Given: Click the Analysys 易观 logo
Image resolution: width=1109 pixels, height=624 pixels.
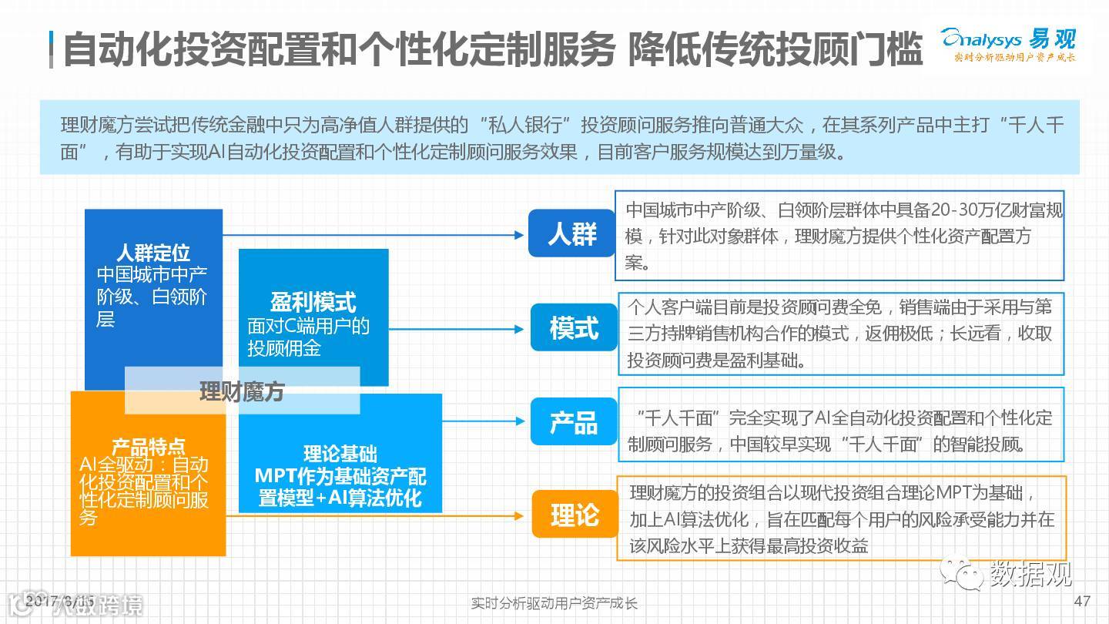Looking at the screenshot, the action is [x=1008, y=42].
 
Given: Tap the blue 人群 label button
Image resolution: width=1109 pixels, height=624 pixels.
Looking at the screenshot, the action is [x=571, y=233].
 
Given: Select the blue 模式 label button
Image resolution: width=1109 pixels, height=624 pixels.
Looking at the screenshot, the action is [x=574, y=327].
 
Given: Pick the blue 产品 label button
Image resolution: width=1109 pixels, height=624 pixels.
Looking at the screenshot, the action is [x=574, y=421].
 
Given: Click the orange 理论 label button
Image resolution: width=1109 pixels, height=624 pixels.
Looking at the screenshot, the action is [x=575, y=515].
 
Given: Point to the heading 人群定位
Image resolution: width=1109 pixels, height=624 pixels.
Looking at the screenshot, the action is [x=152, y=253].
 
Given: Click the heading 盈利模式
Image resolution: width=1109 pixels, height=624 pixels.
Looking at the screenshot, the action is [x=313, y=301].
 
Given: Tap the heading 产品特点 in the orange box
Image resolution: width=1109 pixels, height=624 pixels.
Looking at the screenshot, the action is [x=148, y=446].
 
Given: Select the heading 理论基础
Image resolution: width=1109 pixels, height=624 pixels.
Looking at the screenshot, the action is [x=340, y=454].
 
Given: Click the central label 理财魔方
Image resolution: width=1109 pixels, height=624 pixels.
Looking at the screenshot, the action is [x=242, y=391].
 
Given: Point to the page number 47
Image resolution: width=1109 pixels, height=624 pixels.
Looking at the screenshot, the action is [x=1081, y=601].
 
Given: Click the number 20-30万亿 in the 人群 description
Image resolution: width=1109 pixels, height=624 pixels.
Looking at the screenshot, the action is [x=972, y=210].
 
